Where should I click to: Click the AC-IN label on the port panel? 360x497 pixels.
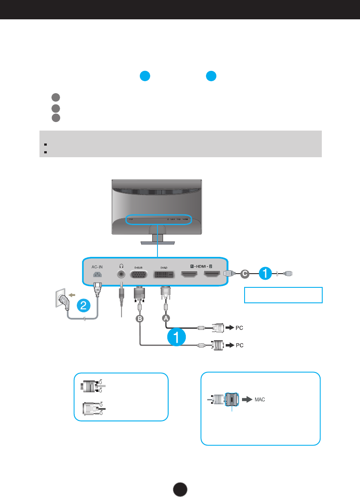tap(97, 266)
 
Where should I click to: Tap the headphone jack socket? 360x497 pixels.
tap(121, 274)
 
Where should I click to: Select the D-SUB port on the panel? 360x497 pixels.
tap(139, 274)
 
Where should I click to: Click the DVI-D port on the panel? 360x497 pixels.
tap(164, 275)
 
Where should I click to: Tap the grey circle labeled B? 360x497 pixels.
tap(139, 319)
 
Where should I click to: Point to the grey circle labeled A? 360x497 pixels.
tap(165, 319)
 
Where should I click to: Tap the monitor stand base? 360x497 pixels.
tap(157, 243)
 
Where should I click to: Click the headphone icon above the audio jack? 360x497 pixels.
tap(121, 265)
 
